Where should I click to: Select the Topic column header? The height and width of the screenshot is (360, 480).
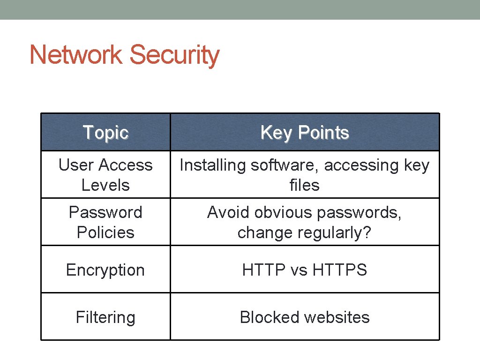[105, 133]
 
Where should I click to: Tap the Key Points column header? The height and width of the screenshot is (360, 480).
[305, 133]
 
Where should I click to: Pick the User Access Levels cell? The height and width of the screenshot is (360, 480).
[105, 175]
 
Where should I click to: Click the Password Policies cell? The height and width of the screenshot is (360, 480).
[105, 222]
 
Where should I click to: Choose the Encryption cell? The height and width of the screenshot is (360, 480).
[105, 270]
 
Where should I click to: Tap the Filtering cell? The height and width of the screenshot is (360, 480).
[105, 317]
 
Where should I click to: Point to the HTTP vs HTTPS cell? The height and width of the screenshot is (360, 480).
[305, 270]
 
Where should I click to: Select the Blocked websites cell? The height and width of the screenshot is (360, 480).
[305, 317]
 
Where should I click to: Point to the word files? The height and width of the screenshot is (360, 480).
[305, 185]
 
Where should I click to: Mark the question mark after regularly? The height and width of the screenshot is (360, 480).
[367, 232]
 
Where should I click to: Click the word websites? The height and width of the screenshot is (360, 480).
[337, 317]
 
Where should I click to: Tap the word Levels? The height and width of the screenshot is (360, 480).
[105, 185]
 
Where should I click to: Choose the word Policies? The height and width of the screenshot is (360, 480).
[105, 232]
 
